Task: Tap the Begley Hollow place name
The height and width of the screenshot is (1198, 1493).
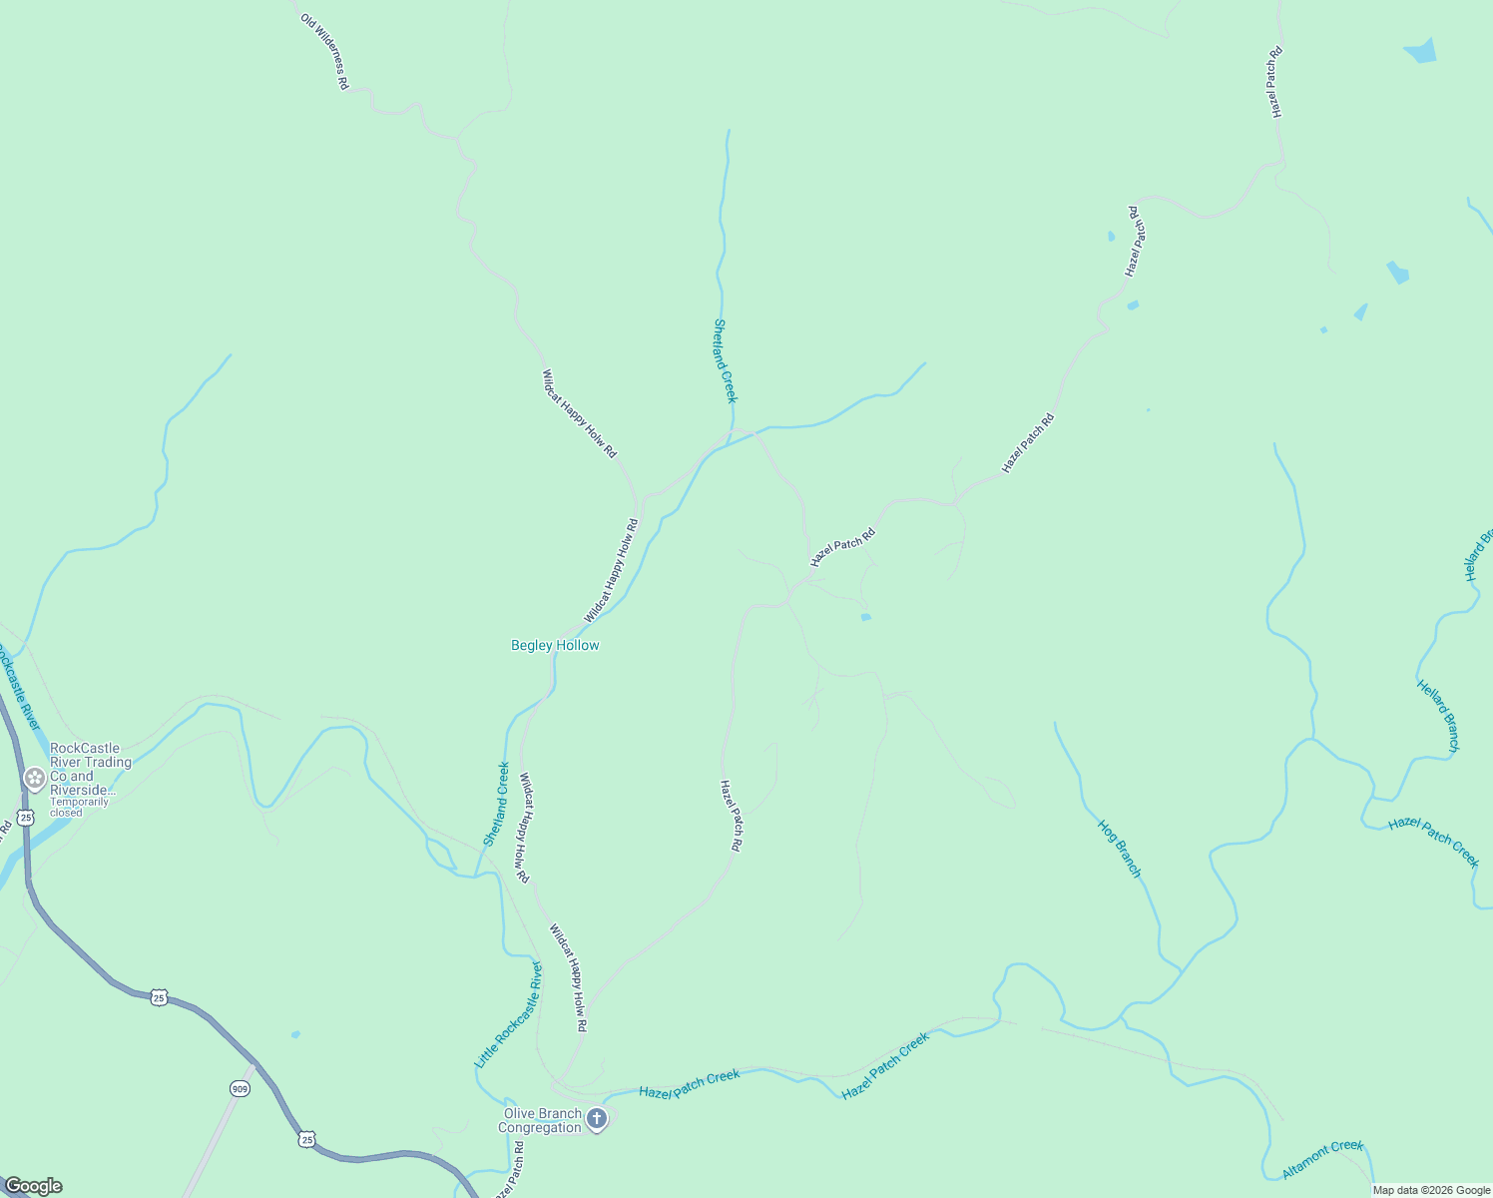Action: [x=555, y=646]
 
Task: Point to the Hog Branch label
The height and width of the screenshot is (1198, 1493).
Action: [x=1119, y=849]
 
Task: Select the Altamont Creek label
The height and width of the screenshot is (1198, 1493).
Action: [x=1323, y=1158]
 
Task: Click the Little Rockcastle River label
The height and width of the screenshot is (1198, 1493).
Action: [x=508, y=1014]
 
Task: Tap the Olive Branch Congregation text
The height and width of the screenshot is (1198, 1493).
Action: [x=542, y=1121]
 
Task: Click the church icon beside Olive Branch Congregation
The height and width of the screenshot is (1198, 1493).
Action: [x=597, y=1119]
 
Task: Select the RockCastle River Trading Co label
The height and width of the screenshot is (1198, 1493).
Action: [x=91, y=769]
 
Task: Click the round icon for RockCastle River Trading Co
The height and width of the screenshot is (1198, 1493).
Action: [x=35, y=778]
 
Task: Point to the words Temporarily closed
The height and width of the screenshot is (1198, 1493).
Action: [x=80, y=807]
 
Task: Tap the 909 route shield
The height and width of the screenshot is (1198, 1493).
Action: [x=240, y=1088]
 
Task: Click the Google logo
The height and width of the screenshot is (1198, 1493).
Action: [x=33, y=1186]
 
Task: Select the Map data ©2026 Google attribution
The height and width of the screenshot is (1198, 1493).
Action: [x=1431, y=1190]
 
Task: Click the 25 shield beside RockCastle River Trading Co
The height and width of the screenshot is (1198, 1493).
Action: [x=26, y=817]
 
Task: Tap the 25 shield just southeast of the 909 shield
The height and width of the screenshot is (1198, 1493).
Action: [x=306, y=1139]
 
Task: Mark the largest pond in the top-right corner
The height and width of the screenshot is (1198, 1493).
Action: [x=1421, y=51]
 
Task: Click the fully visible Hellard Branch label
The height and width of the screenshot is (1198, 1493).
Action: [x=1438, y=716]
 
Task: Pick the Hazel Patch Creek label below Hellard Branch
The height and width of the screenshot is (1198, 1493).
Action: [x=1433, y=842]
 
